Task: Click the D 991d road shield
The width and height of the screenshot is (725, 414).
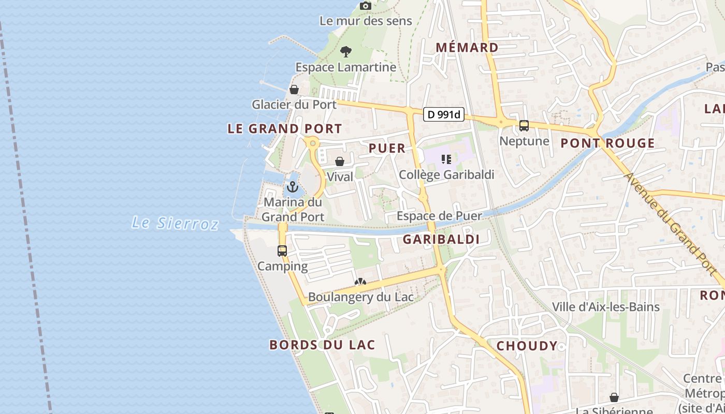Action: tap(444, 114)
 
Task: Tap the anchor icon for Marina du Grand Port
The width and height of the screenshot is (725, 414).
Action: tap(293, 187)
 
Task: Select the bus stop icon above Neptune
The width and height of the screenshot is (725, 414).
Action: tap(524, 126)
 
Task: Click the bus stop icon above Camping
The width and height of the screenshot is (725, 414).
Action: tap(282, 251)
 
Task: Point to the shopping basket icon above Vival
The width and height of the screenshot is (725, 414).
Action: tap(340, 161)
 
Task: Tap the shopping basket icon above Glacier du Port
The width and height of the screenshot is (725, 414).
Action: tap(294, 90)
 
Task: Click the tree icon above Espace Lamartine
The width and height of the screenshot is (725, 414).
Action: tap(346, 51)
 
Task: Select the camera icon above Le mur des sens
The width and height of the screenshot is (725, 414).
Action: tap(366, 6)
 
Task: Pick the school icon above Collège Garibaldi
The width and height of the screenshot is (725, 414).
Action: tap(446, 159)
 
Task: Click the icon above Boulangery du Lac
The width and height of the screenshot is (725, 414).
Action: tap(360, 282)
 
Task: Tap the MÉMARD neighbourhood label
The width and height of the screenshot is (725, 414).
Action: tap(467, 48)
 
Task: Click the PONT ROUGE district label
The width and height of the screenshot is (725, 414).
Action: tap(607, 143)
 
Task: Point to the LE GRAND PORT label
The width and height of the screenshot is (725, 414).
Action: tap(285, 129)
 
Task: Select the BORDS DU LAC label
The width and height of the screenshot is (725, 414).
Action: tap(322, 345)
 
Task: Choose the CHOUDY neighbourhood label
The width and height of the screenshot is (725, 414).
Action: tap(527, 346)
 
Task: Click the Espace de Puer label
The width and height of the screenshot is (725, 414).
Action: tap(439, 216)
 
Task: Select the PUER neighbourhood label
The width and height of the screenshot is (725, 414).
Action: tap(387, 148)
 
